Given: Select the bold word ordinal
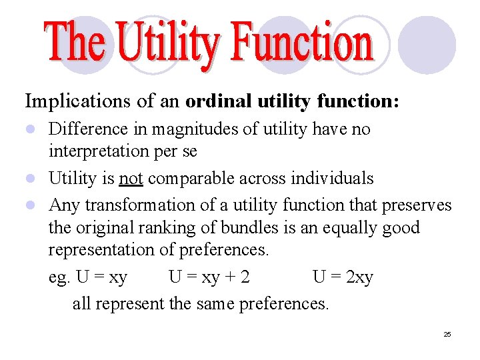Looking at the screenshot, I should coord(217,101).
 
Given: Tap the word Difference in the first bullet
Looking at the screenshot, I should coord(90,129).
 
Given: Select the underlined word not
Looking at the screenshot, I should coord(132,178).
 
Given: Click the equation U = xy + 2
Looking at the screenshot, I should coord(209,277).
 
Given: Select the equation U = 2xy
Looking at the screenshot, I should coord(343,277).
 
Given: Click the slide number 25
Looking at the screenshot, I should coord(447,334).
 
